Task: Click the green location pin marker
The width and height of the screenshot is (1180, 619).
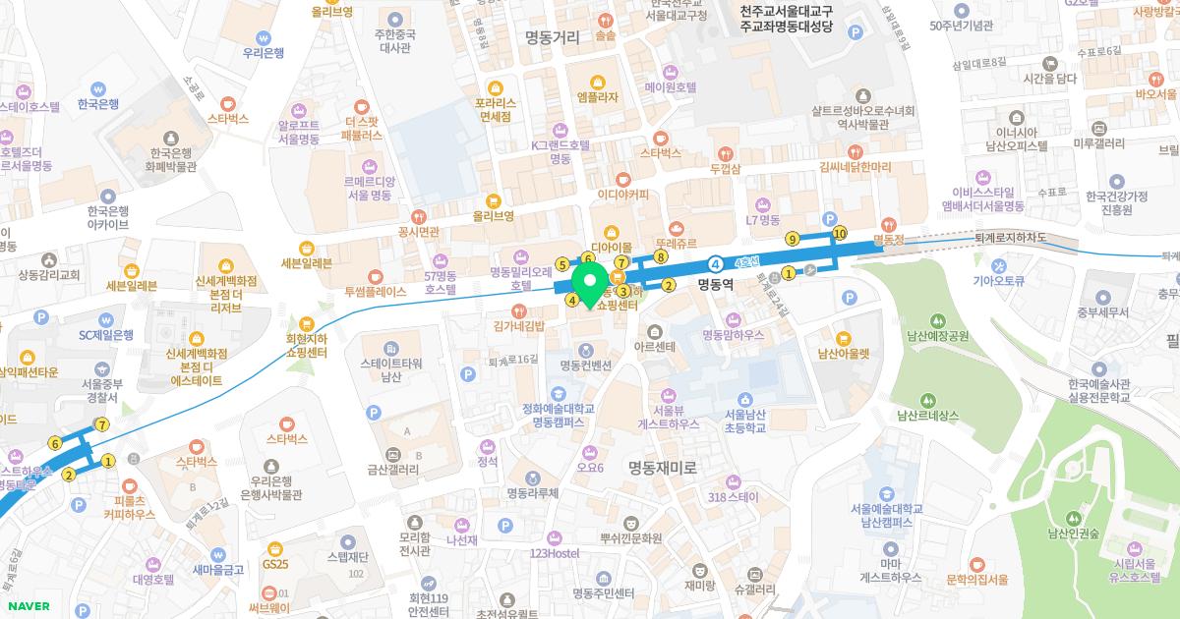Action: [589, 285]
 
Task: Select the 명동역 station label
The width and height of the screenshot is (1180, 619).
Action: [717, 285]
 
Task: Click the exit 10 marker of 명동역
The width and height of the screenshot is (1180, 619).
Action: [839, 233]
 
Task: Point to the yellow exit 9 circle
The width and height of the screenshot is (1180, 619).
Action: [792, 239]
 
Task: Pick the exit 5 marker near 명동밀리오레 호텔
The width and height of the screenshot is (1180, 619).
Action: [561, 263]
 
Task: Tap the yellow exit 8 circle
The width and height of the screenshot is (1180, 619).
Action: [661, 257]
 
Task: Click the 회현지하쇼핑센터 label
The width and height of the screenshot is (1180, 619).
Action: [306, 345]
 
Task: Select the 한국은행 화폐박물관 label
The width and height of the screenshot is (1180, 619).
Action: [173, 159]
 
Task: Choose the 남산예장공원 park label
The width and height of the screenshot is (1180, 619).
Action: [938, 335]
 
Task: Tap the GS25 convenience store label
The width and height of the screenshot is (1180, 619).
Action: [275, 564]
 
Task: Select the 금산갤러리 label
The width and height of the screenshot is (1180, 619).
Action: [393, 470]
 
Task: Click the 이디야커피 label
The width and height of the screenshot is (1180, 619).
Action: [622, 194]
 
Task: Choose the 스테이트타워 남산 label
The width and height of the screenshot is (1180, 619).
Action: [391, 368]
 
